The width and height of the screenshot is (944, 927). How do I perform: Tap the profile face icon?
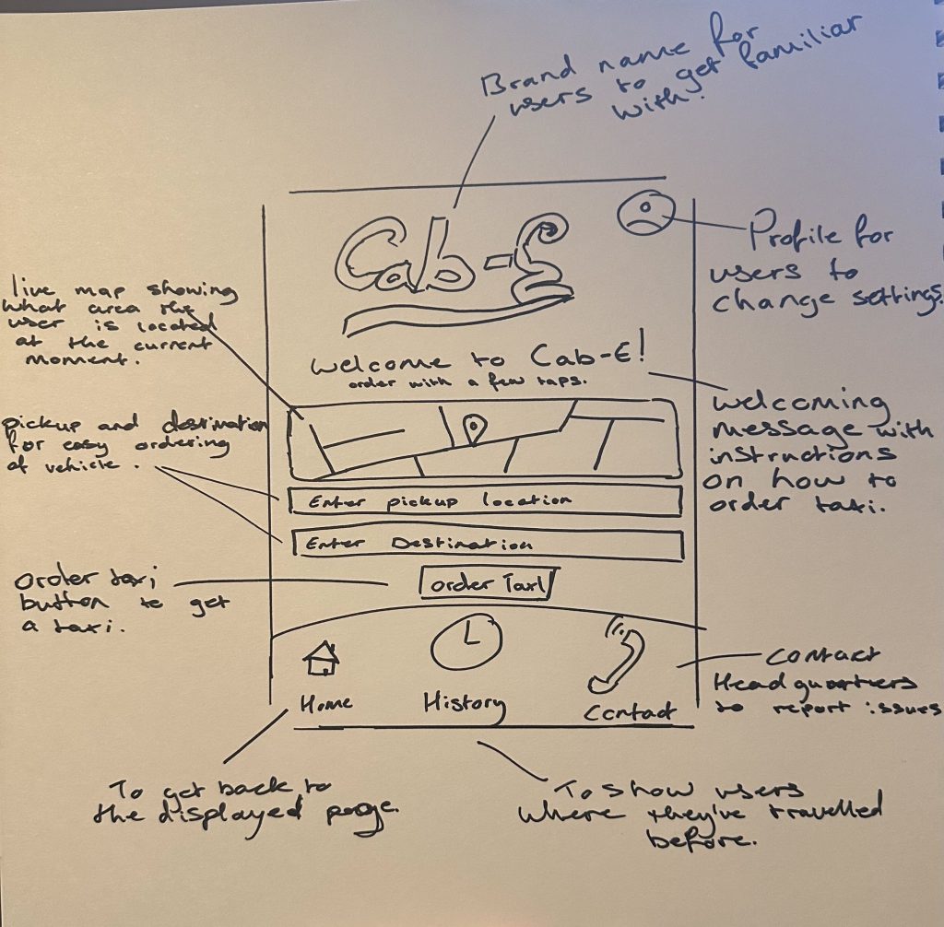[642, 214]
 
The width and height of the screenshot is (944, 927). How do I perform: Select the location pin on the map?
[474, 428]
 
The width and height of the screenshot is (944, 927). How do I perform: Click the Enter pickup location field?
[485, 501]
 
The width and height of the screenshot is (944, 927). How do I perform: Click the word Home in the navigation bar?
[325, 703]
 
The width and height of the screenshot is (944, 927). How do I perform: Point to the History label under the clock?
[464, 705]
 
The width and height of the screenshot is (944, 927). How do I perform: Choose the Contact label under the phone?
[630, 711]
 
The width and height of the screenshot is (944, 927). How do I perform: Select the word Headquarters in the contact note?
[815, 684]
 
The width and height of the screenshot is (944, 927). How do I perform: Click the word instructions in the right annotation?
[800, 454]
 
